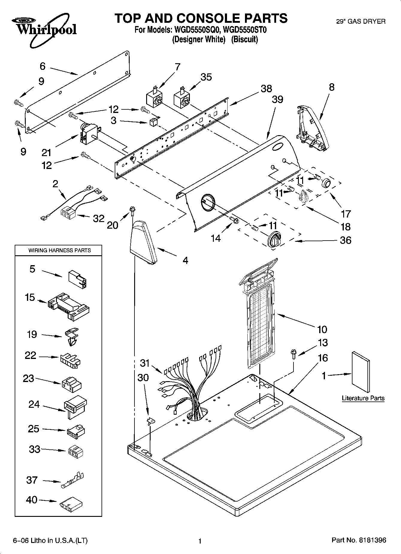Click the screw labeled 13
point(293,354)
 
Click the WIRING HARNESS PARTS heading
point(59,250)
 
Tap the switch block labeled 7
point(154,98)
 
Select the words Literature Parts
point(363,398)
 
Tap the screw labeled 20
point(132,211)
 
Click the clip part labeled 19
point(72,336)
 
